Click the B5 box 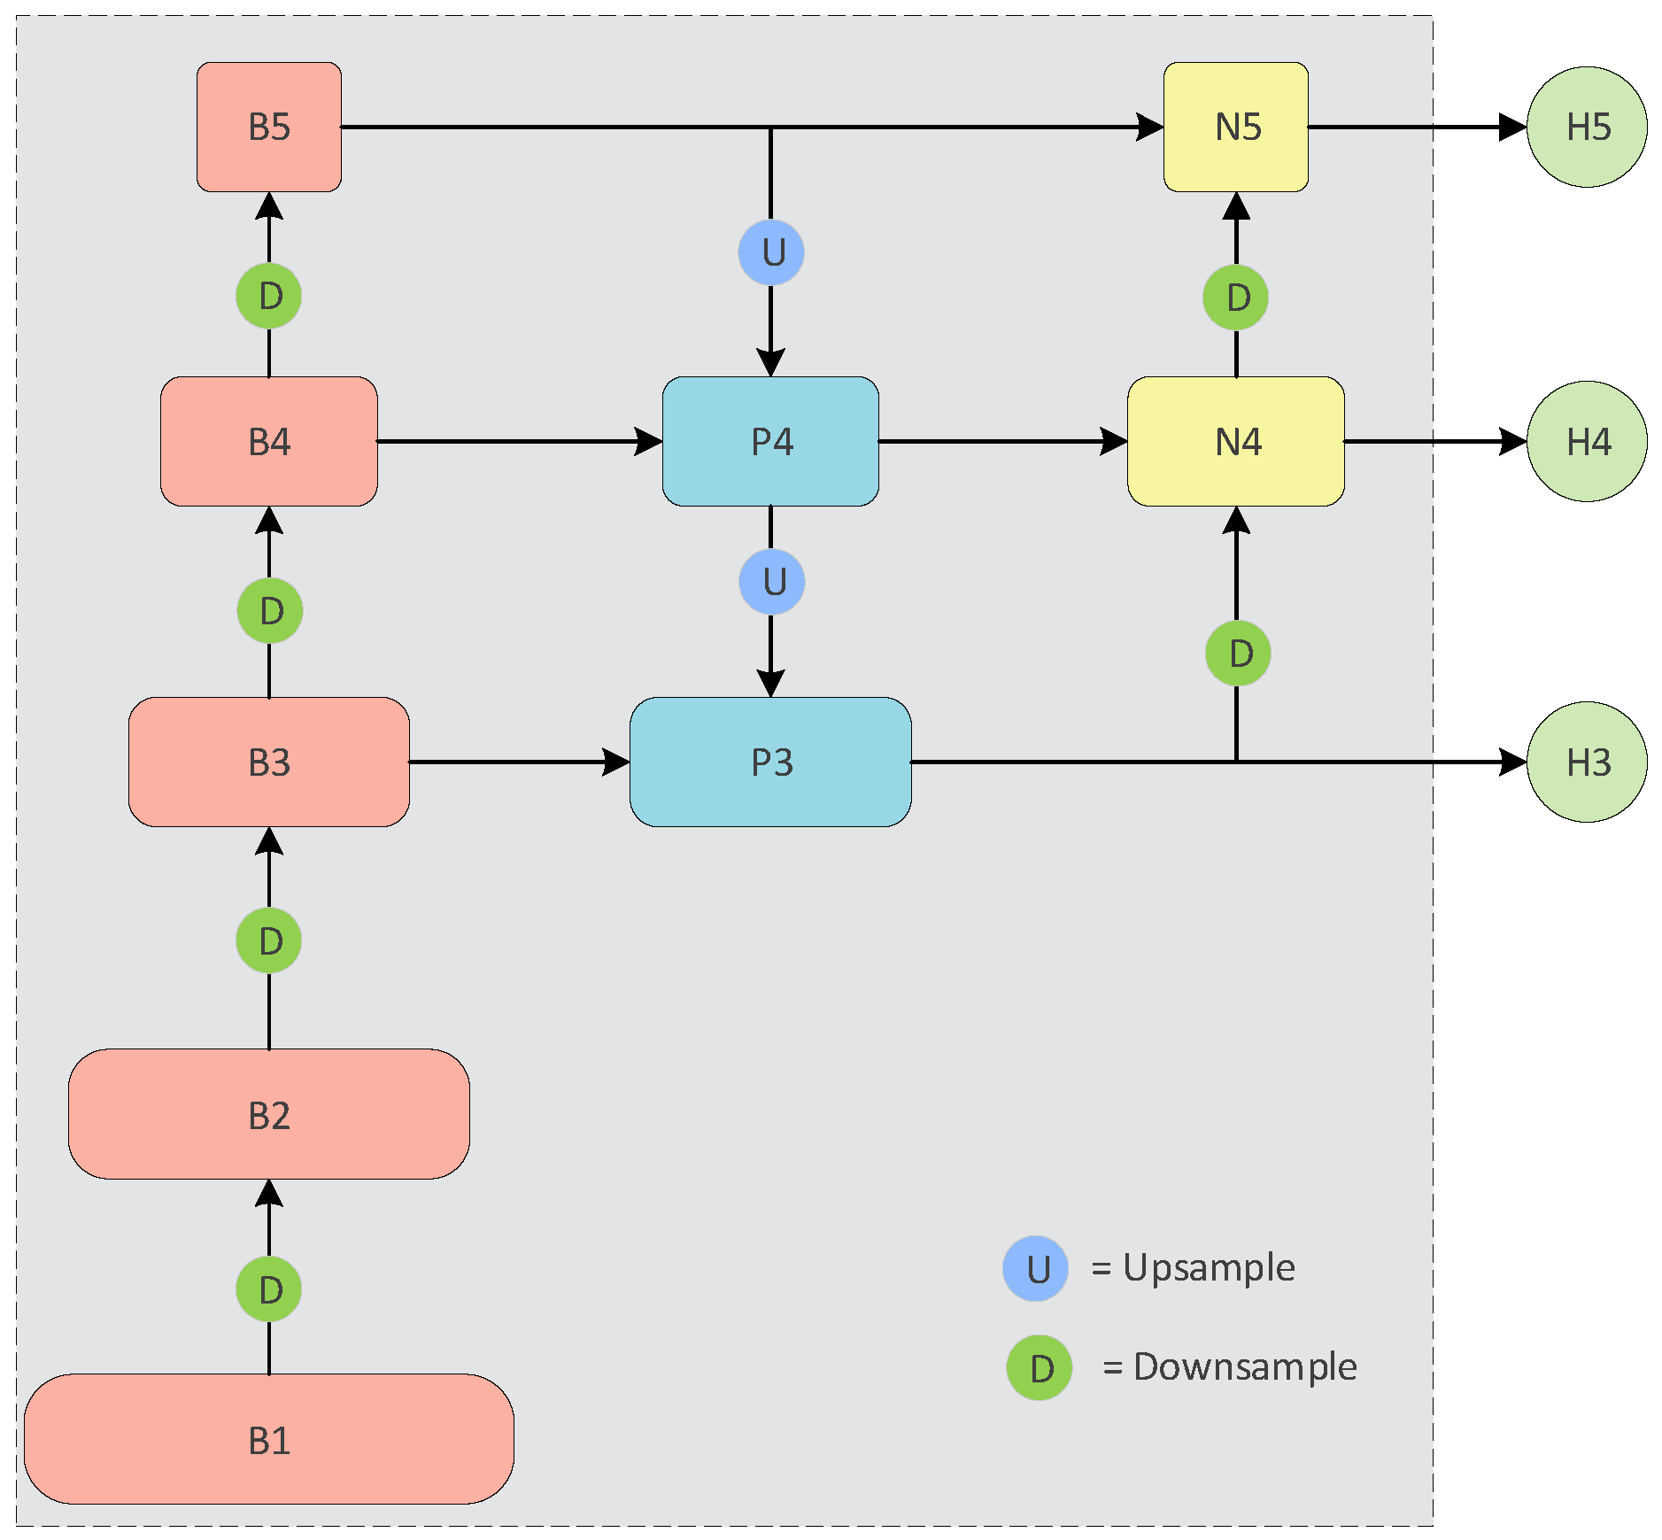pyautogui.click(x=268, y=127)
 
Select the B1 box pyautogui.click(x=268, y=1438)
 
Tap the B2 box pyautogui.click(x=268, y=1113)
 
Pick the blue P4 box pyautogui.click(x=770, y=441)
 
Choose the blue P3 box pyautogui.click(x=770, y=762)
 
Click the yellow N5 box pyautogui.click(x=1235, y=127)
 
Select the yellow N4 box pyautogui.click(x=1235, y=441)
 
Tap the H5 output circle pyautogui.click(x=1587, y=127)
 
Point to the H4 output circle pyautogui.click(x=1587, y=441)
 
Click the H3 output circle pyautogui.click(x=1587, y=762)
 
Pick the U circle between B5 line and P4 pyautogui.click(x=771, y=252)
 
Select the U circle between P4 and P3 pyautogui.click(x=771, y=582)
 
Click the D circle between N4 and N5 pyautogui.click(x=1235, y=298)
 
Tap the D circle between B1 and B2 pyautogui.click(x=268, y=1289)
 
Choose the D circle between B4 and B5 pyautogui.click(x=268, y=296)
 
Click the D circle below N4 pyautogui.click(x=1237, y=654)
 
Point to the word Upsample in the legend pyautogui.click(x=1209, y=1267)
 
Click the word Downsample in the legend pyautogui.click(x=1244, y=1366)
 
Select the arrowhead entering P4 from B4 pyautogui.click(x=649, y=441)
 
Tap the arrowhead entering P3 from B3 pyautogui.click(x=616, y=762)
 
